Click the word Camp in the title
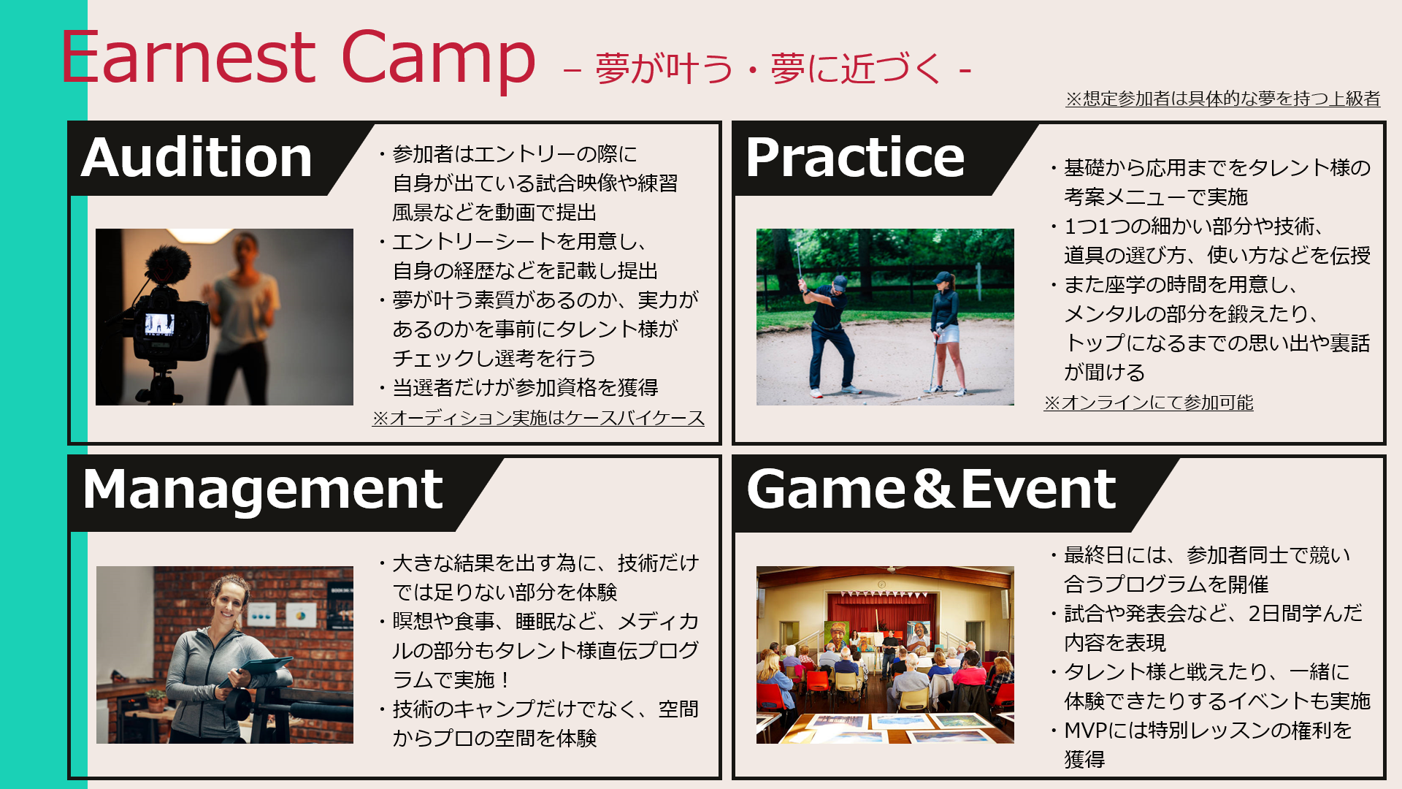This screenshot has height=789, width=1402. click(438, 61)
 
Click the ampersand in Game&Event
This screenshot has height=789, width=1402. click(933, 489)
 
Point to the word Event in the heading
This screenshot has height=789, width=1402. click(1039, 489)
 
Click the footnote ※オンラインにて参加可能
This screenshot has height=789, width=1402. click(1149, 403)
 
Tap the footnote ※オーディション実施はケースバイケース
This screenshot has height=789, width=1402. click(538, 418)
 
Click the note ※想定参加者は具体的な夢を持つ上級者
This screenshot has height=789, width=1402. click(1223, 99)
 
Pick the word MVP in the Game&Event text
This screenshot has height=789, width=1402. click(1085, 730)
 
